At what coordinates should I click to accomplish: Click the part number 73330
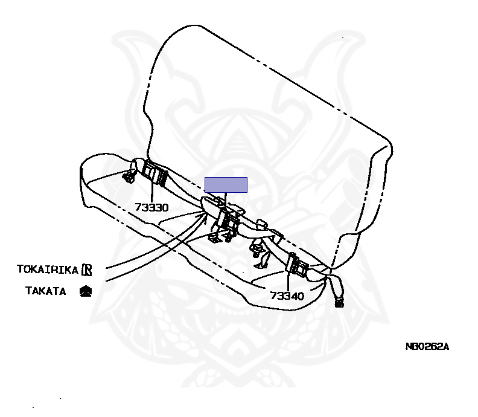click(x=151, y=207)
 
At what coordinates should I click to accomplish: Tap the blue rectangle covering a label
click(x=226, y=185)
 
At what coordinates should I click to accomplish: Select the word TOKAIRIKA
click(x=48, y=269)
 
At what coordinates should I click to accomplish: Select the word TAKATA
click(x=45, y=291)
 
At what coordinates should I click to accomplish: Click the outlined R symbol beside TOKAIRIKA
click(x=86, y=269)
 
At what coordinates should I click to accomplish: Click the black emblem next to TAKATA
click(x=86, y=291)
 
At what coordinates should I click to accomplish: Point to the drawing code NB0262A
click(x=427, y=347)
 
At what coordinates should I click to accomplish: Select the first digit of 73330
click(x=138, y=207)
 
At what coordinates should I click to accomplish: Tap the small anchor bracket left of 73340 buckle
click(x=260, y=256)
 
